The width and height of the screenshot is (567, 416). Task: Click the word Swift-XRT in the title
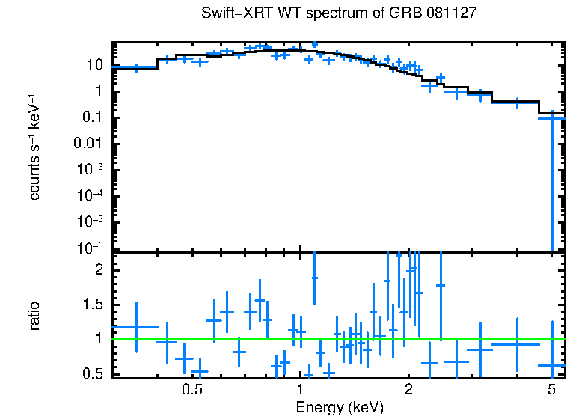pyautogui.click(x=233, y=14)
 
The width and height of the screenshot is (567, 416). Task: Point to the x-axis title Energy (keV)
pyautogui.click(x=339, y=407)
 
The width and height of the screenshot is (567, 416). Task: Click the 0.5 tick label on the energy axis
pyautogui.click(x=192, y=390)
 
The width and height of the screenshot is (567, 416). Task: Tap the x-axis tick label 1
pyautogui.click(x=300, y=390)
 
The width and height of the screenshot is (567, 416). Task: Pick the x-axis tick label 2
pyautogui.click(x=408, y=390)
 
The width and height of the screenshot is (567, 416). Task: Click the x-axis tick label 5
pyautogui.click(x=551, y=390)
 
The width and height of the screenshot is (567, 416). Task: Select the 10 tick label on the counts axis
pyautogui.click(x=95, y=65)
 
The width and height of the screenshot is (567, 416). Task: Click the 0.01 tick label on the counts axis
pyautogui.click(x=89, y=143)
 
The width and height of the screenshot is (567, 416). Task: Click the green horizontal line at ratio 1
pyautogui.click(x=337, y=339)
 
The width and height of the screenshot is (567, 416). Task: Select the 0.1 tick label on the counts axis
pyautogui.click(x=92, y=117)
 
